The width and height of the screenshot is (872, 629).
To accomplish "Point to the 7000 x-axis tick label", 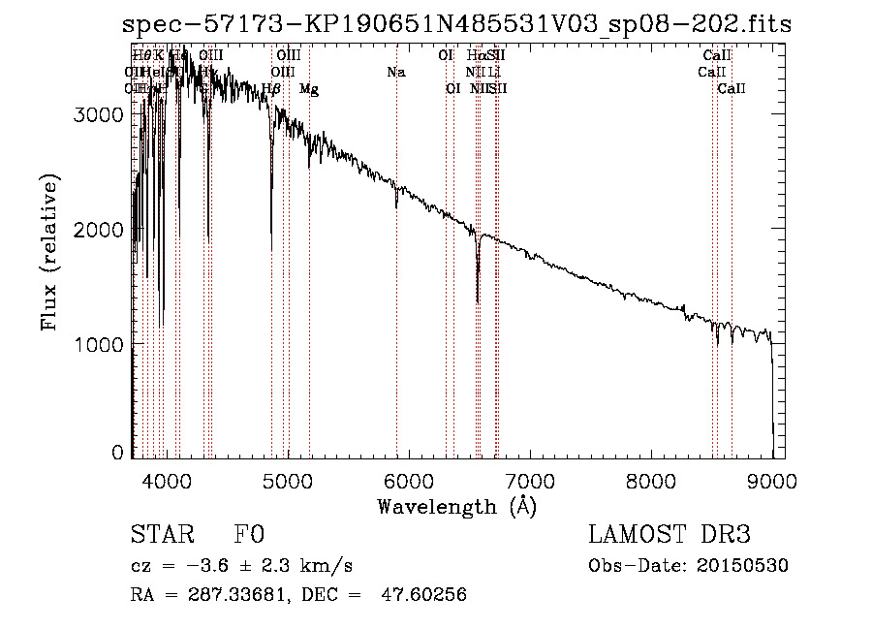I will tap(530, 481).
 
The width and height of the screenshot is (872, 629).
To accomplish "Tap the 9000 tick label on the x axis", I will tap(772, 481).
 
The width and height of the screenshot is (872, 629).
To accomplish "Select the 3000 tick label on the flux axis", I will tap(99, 114).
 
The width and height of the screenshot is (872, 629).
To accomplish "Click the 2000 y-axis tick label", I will tap(99, 230).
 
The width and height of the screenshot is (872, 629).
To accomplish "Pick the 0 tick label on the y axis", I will tap(117, 453).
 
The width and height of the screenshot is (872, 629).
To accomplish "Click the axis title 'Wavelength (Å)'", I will tap(456, 506).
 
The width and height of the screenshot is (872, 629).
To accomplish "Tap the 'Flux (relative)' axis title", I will tap(49, 253).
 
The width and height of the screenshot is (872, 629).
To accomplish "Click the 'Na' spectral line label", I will tap(395, 72).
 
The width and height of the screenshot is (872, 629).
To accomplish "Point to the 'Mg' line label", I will tap(308, 89).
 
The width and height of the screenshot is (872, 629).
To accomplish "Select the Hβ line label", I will tap(271, 89).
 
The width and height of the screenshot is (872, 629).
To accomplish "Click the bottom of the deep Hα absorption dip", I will tap(478, 300).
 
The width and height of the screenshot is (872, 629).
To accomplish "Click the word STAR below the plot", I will tap(162, 536).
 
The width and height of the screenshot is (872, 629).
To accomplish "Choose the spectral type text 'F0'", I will tap(249, 536).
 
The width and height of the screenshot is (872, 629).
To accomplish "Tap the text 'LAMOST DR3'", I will tap(670, 536).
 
